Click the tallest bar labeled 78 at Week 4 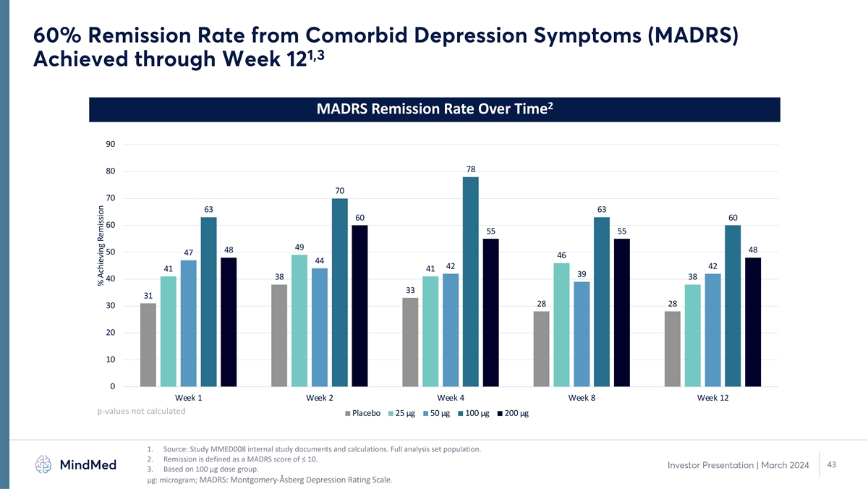coord(471,282)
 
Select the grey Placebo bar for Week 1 coord(148,345)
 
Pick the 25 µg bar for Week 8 coord(561,325)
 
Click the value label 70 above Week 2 coord(340,191)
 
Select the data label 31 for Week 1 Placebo coord(148,296)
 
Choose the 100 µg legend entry coord(473,414)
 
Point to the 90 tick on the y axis coord(111,145)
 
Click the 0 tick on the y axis coord(113,387)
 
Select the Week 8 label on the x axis coord(582,399)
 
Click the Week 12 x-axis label coord(712,399)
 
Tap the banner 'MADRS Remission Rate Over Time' coord(434,109)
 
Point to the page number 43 coord(831,464)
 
